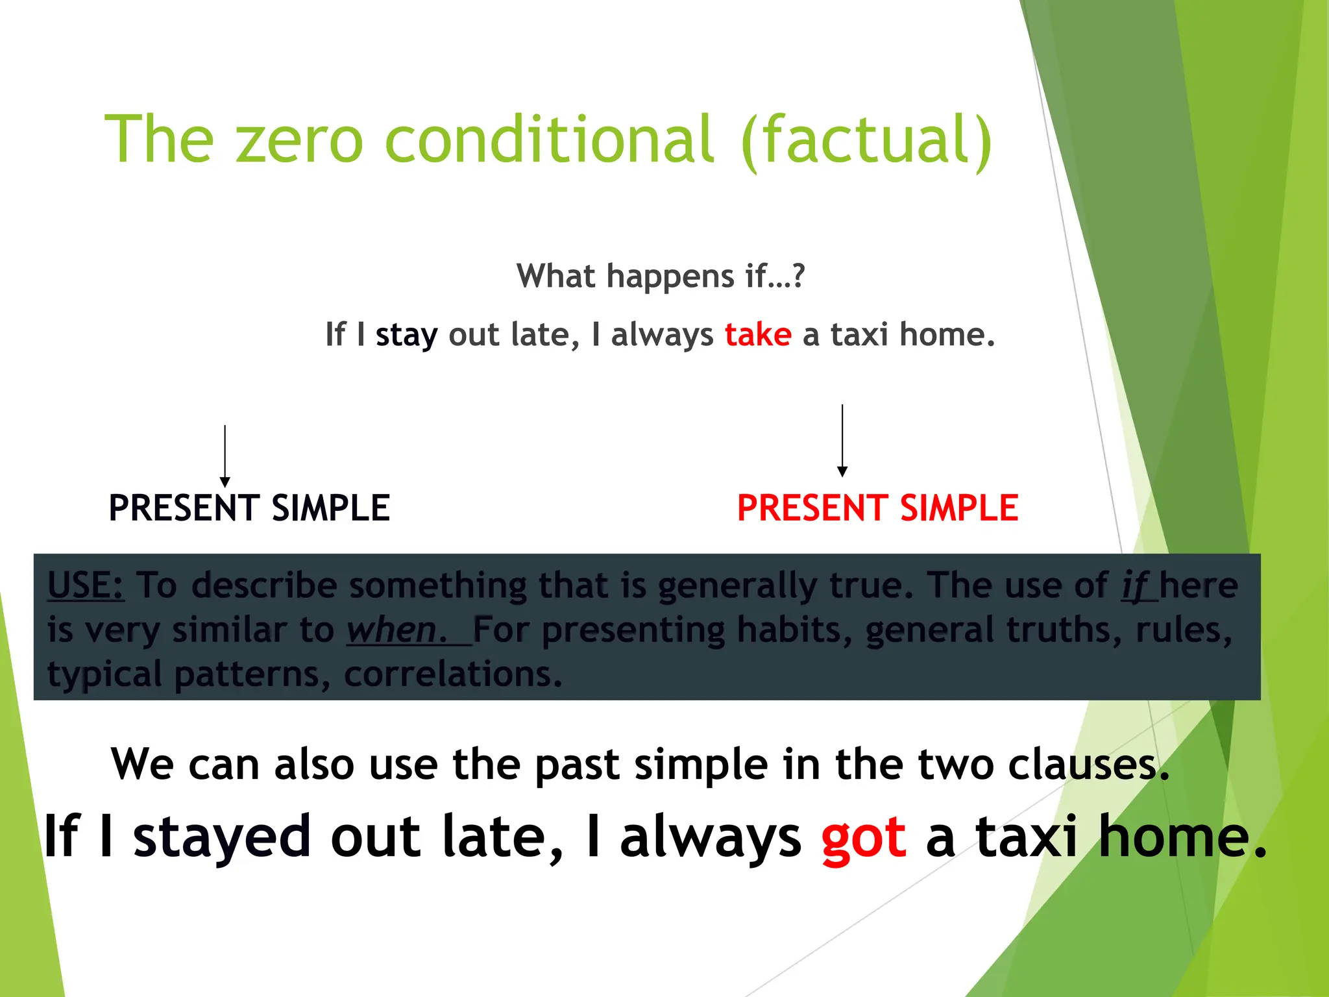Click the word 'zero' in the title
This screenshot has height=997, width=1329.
(299, 140)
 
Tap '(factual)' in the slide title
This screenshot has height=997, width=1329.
(866, 140)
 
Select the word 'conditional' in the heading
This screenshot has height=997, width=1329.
(549, 140)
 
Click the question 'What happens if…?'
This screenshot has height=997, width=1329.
(660, 277)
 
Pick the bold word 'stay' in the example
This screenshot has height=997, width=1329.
(406, 336)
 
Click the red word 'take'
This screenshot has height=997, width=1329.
(758, 335)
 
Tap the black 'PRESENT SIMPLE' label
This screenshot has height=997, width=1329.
(249, 508)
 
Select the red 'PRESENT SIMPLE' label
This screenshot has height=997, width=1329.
(877, 508)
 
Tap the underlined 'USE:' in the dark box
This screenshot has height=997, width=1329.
(86, 585)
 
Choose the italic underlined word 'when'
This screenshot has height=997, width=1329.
(392, 630)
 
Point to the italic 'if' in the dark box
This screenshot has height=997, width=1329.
(1135, 586)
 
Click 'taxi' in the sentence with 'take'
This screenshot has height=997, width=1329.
(859, 335)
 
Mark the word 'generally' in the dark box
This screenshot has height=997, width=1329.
(736, 586)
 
